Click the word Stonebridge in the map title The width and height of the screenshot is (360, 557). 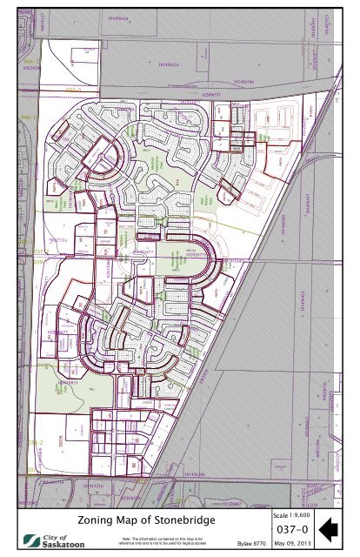pyautogui.click(x=176, y=520)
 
